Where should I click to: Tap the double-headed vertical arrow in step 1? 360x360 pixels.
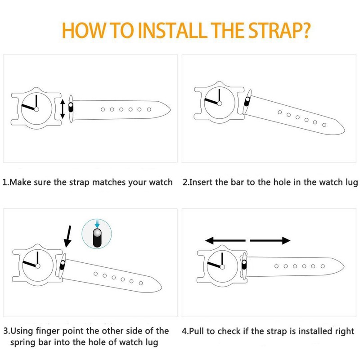pos(63,109)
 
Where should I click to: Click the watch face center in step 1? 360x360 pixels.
pos(36,109)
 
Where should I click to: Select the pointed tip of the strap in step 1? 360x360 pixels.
pos(170,110)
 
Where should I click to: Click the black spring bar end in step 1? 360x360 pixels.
pos(71,107)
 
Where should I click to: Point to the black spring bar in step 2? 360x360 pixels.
pos(247,101)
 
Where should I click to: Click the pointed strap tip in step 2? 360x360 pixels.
pos(344,131)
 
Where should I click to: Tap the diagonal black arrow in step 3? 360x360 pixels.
pos(68,237)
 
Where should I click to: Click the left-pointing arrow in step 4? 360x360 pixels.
pos(225,240)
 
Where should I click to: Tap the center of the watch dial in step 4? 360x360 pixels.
pos(222,266)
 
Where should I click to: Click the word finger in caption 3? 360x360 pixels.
pos(48,331)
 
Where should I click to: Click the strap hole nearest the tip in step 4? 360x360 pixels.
pos(323,266)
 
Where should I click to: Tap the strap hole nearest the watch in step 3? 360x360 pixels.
pos(96,274)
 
